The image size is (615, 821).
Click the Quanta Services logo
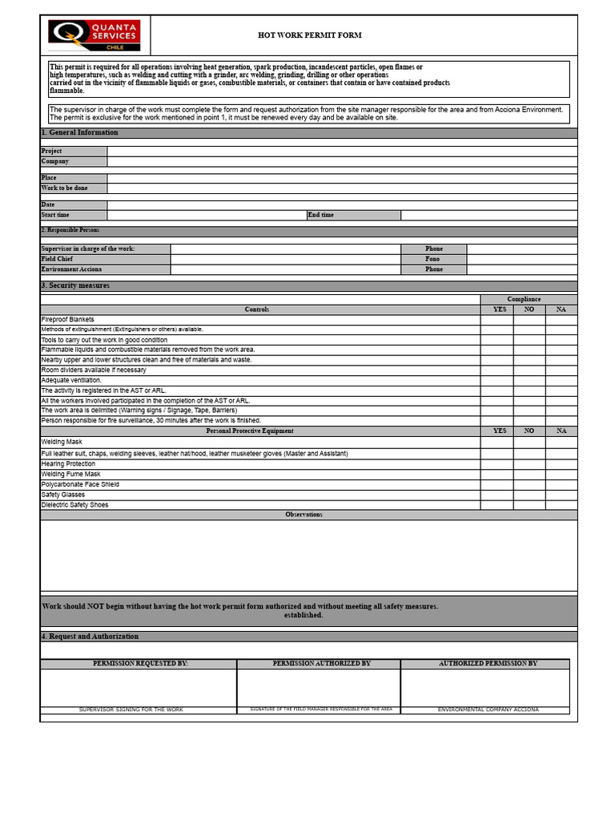pyautogui.click(x=94, y=36)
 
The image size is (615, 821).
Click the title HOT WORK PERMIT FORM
pyautogui.click(x=309, y=35)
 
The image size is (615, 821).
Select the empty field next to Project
pyautogui.click(x=342, y=151)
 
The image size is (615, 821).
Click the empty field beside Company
pyautogui.click(x=342, y=161)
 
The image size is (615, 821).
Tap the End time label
pyautogui.click(x=353, y=215)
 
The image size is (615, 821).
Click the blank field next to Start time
pyautogui.click(x=207, y=215)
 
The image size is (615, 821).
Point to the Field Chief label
pyautogui.click(x=105, y=259)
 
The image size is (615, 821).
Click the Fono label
pyautogui.click(x=433, y=259)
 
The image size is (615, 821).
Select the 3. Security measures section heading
pyautogui.click(x=75, y=285)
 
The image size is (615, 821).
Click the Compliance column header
pyautogui.click(x=524, y=299)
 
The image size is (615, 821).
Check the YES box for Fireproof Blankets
pyautogui.click(x=496, y=319)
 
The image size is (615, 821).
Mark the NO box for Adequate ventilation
pyautogui.click(x=529, y=380)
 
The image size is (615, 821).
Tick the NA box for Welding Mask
pyautogui.click(x=561, y=442)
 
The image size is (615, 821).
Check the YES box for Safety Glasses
pyautogui.click(x=496, y=495)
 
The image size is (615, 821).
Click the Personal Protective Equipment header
pyautogui.click(x=260, y=431)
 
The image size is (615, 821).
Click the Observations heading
pyautogui.click(x=303, y=515)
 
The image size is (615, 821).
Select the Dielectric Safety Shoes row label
pyautogui.click(x=75, y=505)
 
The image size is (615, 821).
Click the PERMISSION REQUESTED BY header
pyautogui.click(x=140, y=664)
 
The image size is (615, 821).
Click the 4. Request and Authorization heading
pyautogui.click(x=90, y=637)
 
